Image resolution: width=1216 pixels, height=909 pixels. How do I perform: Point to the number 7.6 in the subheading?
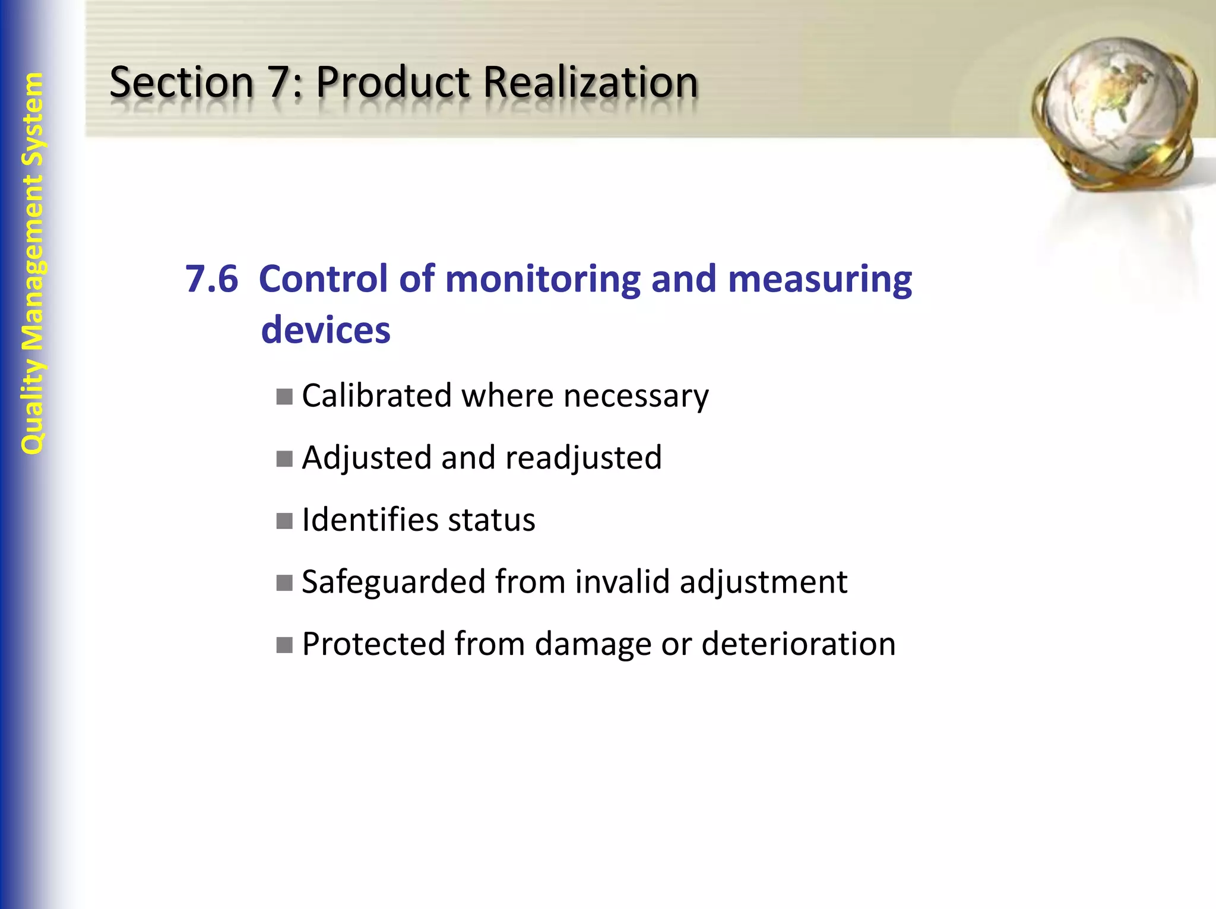click(211, 278)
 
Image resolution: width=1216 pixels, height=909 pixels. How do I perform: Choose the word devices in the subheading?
click(326, 330)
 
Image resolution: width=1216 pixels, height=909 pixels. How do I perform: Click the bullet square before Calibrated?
click(284, 396)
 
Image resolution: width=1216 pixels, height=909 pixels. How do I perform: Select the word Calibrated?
click(376, 395)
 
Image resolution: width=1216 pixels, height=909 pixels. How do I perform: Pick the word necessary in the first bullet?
click(636, 397)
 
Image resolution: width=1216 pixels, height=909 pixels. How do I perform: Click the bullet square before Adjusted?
click(284, 458)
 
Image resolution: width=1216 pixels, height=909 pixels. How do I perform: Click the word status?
click(492, 520)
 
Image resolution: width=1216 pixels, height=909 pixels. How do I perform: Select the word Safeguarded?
click(393, 582)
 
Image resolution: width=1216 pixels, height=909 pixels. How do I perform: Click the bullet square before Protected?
click(284, 644)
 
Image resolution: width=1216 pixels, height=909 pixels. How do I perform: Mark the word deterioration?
click(799, 644)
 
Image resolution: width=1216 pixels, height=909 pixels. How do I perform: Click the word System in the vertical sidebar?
click(33, 119)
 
